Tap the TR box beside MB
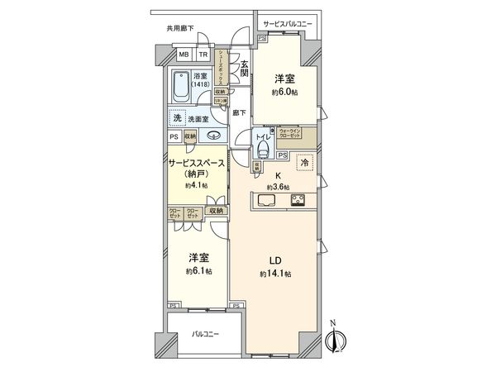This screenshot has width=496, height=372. [x=202, y=56]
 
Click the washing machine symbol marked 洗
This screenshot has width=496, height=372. [x=177, y=117]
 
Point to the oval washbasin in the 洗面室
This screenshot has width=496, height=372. [x=214, y=136]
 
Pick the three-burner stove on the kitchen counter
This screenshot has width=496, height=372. [x=297, y=200]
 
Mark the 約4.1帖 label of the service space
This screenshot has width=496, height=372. [x=196, y=186]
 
